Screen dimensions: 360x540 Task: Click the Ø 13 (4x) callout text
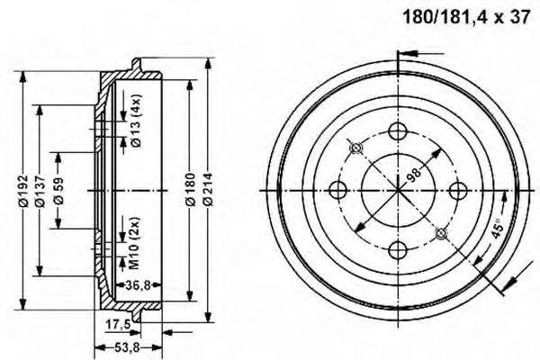pos(134,122)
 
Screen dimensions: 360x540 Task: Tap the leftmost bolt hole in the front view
pos(339,190)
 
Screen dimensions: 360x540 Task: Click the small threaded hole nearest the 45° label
pos(440,233)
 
